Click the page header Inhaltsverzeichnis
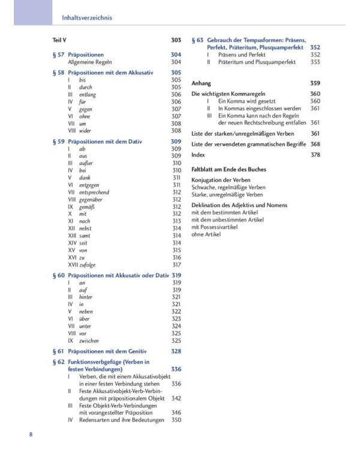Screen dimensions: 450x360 [87, 18]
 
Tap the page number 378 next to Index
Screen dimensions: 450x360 [315, 155]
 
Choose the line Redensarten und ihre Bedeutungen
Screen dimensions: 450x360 [121, 420]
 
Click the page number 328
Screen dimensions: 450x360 [176, 351]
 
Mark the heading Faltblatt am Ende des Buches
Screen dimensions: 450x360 [229, 169]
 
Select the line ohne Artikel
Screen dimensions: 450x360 [206, 235]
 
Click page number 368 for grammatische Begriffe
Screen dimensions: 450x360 [315, 144]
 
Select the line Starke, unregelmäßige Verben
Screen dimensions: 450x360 [227, 195]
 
